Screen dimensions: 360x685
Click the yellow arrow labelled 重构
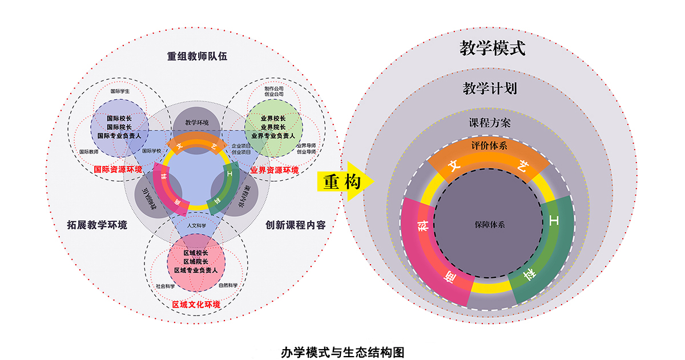tap(344, 183)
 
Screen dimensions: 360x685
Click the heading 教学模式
tap(492, 48)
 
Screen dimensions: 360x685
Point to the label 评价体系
tap(489, 145)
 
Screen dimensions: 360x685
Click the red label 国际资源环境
tap(119, 169)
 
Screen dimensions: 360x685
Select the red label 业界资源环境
tap(275, 170)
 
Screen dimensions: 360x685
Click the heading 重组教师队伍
tap(196, 56)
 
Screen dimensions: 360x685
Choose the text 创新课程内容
tap(296, 225)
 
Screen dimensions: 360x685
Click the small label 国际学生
tap(120, 91)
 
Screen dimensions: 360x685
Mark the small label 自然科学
tap(228, 285)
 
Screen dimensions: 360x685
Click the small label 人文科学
tap(196, 225)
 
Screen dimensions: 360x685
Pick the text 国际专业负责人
tap(123, 136)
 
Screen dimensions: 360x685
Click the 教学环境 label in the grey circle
tap(197, 123)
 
